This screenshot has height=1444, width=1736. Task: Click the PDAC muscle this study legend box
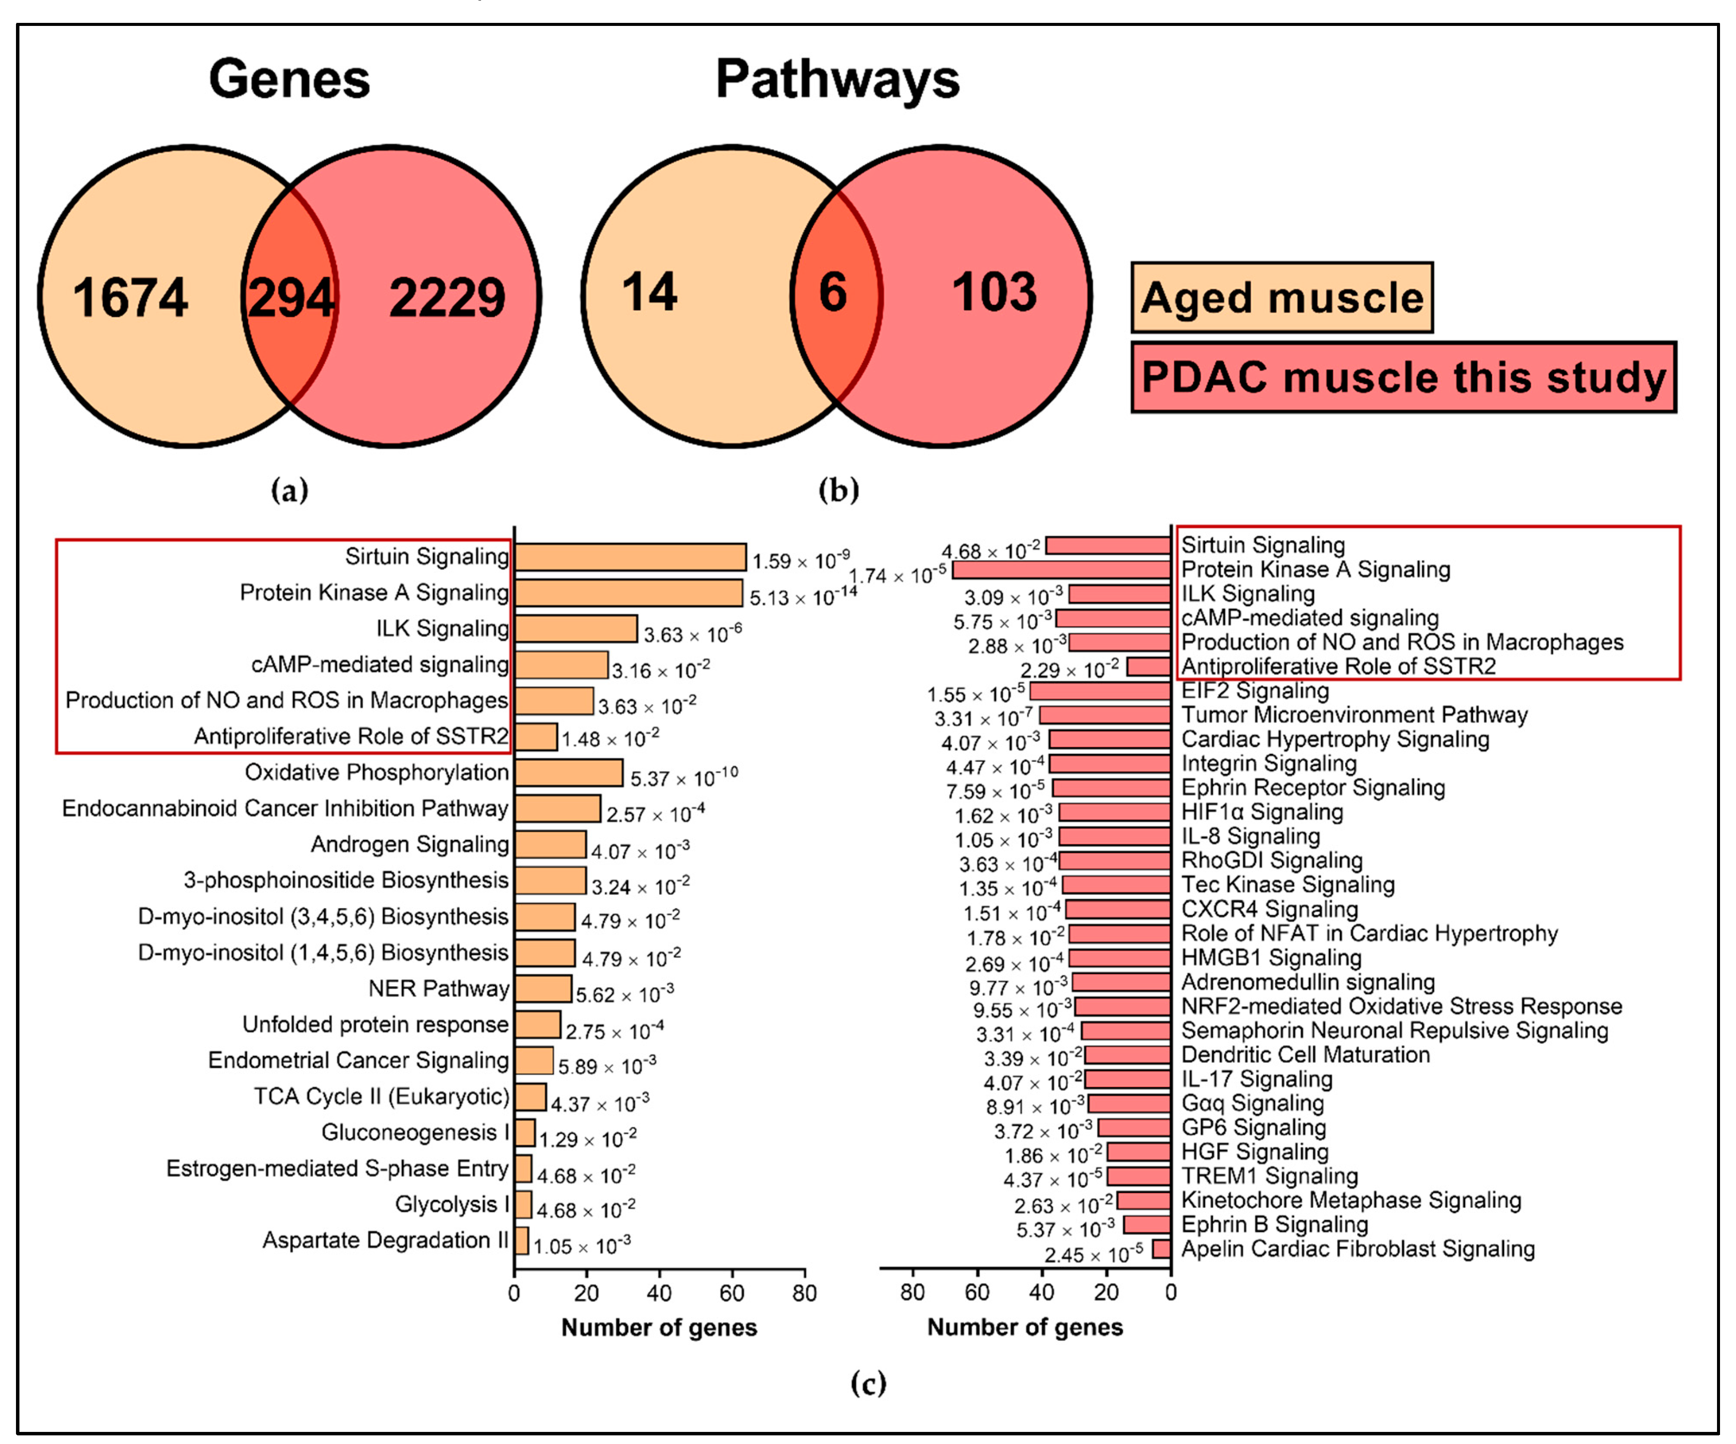[x=1403, y=377]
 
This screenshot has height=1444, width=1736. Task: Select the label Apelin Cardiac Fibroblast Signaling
[x=1357, y=1249]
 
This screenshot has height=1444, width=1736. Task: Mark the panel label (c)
[x=868, y=1383]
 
